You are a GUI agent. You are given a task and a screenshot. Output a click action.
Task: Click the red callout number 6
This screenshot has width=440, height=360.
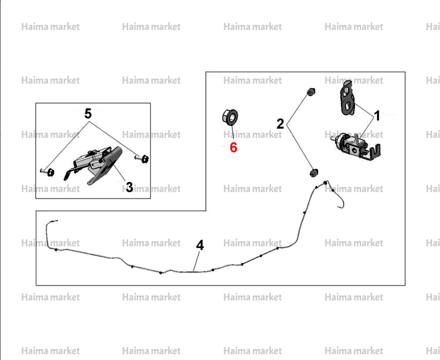click(233, 147)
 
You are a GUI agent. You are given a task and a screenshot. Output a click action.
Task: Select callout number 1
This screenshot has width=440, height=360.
click(378, 116)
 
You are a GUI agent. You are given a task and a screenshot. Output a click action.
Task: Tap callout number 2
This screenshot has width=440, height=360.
click(280, 124)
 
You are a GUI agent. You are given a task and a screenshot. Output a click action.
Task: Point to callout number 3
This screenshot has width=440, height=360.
click(129, 187)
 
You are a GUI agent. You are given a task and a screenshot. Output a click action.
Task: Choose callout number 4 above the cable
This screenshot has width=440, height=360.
click(200, 245)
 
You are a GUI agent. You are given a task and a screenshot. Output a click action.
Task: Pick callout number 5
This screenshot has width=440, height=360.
click(88, 114)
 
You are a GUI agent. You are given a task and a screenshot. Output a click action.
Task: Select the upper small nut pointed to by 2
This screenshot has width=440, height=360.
click(311, 92)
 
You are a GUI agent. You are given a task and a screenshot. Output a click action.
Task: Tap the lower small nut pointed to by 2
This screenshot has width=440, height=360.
click(313, 173)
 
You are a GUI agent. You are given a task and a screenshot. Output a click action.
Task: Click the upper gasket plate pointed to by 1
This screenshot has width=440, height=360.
click(347, 98)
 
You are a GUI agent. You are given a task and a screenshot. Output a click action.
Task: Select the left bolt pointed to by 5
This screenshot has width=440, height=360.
click(48, 172)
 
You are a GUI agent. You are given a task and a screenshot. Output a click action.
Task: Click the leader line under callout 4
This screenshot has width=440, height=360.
click(196, 261)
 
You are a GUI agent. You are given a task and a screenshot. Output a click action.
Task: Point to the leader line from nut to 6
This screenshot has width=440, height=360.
click(232, 133)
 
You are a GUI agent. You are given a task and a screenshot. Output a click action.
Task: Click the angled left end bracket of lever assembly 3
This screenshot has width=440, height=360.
click(69, 174)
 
